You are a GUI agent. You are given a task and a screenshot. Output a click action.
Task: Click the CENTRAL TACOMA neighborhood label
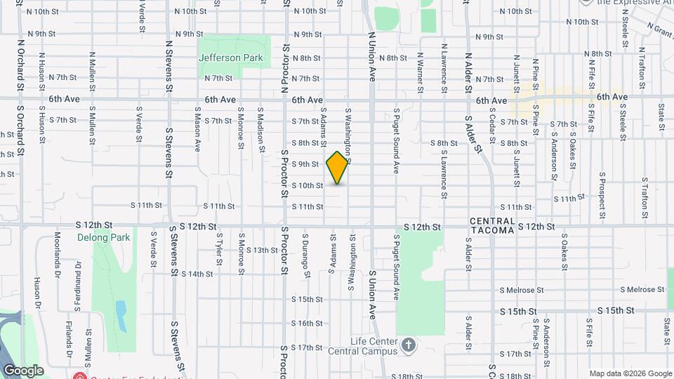[492, 226]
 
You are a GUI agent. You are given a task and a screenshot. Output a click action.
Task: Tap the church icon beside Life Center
[409, 345]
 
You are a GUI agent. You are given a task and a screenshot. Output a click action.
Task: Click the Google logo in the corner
[23, 371]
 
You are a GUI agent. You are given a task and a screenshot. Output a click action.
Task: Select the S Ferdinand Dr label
[77, 286]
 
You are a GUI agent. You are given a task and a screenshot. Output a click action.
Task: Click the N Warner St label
[420, 72]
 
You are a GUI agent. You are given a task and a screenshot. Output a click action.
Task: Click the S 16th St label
[307, 324]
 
